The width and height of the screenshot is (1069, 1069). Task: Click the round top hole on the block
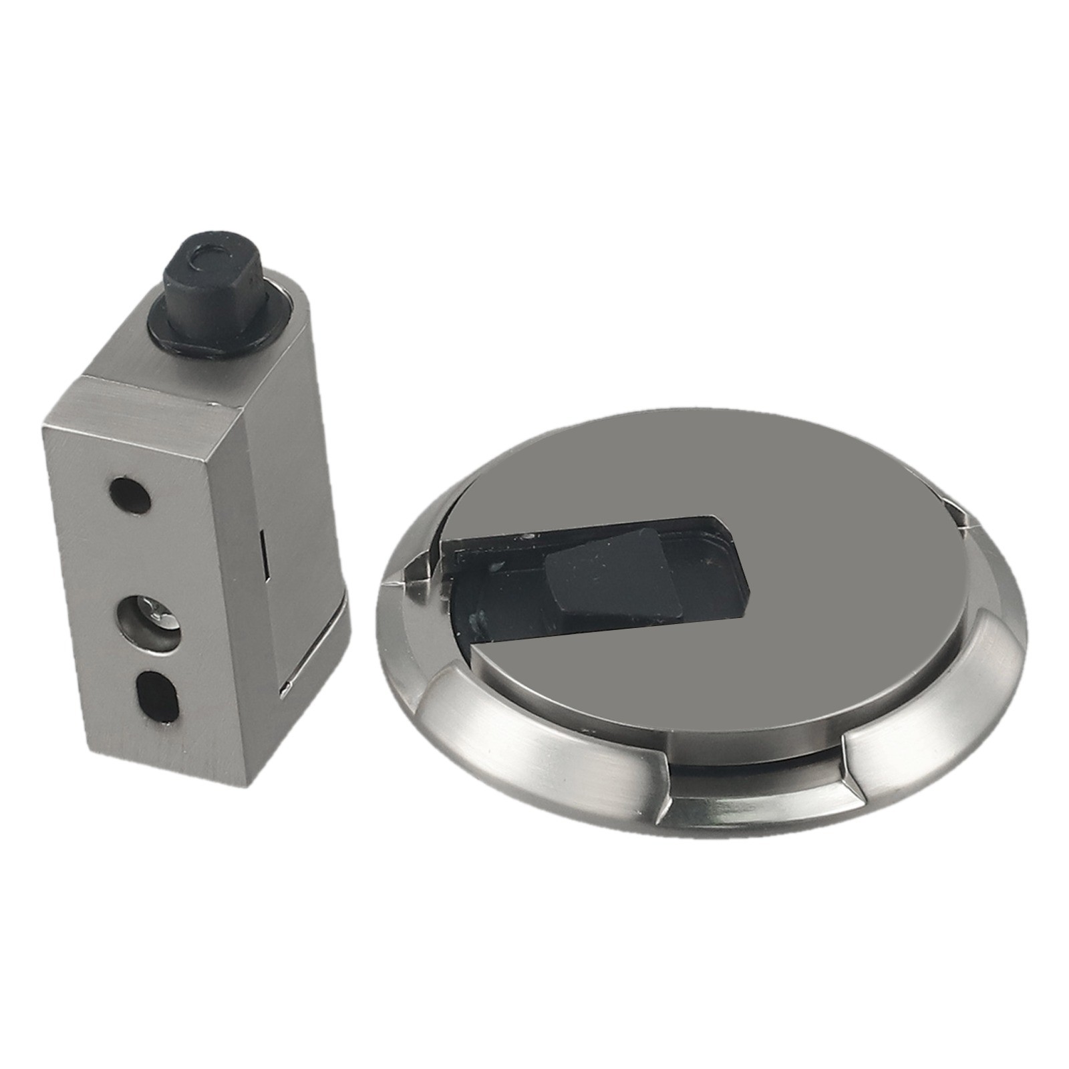point(130,495)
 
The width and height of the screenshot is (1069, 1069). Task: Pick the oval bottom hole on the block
point(158,696)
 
